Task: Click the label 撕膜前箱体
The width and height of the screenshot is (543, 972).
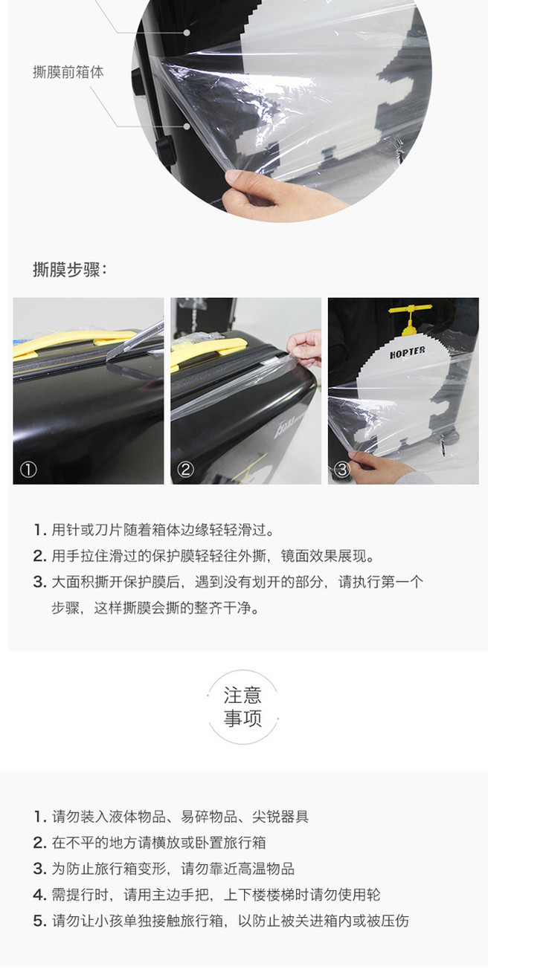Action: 68,72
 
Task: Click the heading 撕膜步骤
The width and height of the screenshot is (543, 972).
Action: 69,270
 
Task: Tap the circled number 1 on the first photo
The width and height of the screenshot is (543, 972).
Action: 29,470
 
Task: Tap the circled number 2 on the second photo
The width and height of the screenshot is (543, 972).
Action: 185,470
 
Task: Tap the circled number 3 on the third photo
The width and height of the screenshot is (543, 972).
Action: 342,470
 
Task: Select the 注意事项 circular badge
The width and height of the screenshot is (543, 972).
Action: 242,707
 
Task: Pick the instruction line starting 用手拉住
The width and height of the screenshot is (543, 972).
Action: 204,556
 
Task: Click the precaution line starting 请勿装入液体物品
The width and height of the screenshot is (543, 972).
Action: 171,817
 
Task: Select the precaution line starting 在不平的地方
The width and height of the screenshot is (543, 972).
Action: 150,843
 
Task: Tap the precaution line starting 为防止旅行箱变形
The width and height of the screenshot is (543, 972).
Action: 164,869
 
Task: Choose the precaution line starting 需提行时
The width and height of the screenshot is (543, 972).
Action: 207,895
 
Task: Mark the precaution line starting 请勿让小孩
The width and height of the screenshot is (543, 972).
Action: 221,921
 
